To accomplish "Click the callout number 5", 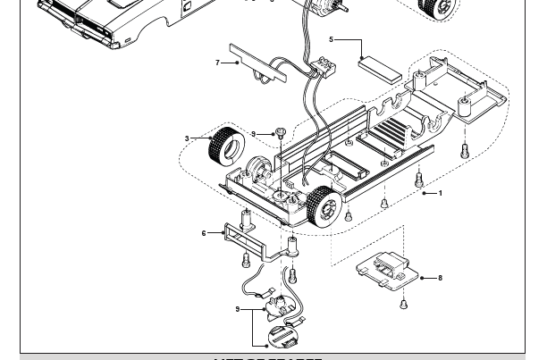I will pos(331,39).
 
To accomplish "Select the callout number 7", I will pos(217,63).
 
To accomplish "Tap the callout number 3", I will pos(187,138).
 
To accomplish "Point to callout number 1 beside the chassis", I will pos(440,193).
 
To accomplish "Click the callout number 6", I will pos(204,233).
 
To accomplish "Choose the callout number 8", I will pos(440,278).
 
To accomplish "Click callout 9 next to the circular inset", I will pos(238,309).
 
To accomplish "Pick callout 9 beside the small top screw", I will pos(253,134).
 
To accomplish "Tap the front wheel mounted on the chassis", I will pos(324,206).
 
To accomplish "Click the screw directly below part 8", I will pos(404,304).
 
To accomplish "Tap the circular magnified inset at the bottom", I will pos(283,339).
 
